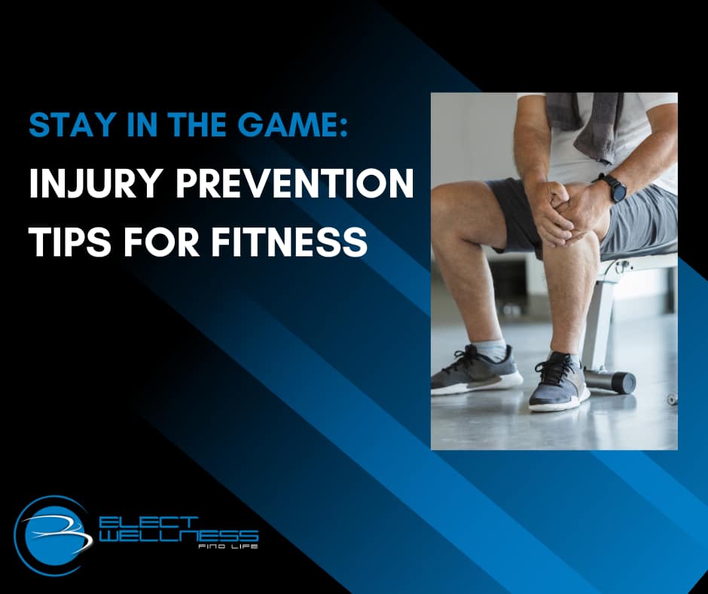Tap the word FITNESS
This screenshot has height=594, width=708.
click(295, 241)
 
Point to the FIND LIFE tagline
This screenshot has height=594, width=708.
click(235, 546)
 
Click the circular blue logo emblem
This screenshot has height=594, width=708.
click(53, 531)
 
